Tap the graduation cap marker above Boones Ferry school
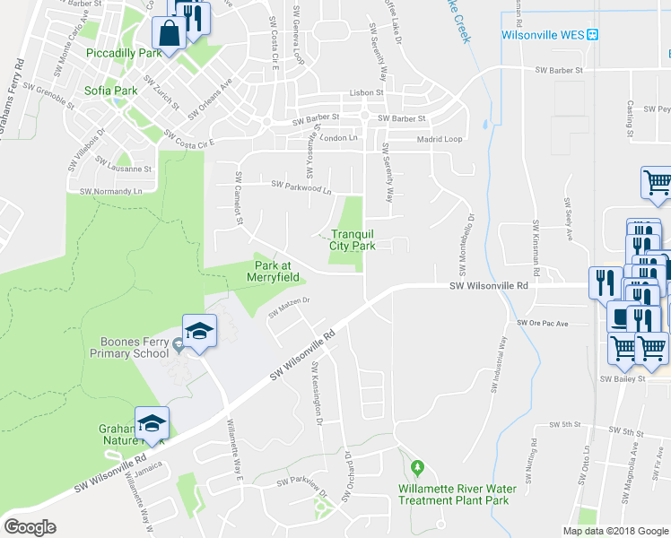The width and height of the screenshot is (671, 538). [x=199, y=331]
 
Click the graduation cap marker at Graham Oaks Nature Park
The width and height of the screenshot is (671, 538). [x=152, y=423]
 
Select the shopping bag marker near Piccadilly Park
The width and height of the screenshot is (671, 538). [x=169, y=33]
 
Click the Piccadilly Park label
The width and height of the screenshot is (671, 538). [x=123, y=54]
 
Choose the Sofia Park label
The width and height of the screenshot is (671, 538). [x=111, y=91]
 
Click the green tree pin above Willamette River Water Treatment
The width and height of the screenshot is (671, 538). [x=417, y=468]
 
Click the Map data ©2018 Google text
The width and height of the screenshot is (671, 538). [x=614, y=531]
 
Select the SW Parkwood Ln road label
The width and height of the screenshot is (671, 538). [x=301, y=187]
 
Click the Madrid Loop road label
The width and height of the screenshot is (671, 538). [x=440, y=140]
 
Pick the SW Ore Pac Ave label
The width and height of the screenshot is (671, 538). [x=544, y=322]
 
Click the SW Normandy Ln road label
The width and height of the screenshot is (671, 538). [x=111, y=191]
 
